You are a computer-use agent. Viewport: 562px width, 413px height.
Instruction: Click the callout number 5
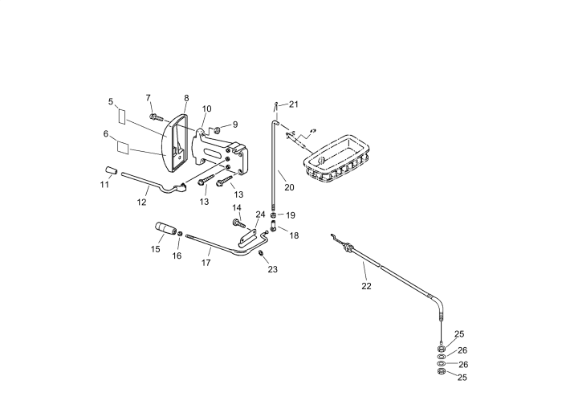(x=111, y=102)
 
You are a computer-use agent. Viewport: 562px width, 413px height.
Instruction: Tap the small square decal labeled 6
(x=123, y=147)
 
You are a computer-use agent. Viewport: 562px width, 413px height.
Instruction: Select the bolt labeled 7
(x=156, y=118)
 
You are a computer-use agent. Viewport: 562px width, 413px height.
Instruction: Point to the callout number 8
(x=186, y=98)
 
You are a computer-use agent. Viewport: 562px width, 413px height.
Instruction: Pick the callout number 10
(x=206, y=108)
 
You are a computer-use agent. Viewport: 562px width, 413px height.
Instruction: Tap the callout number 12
(x=141, y=202)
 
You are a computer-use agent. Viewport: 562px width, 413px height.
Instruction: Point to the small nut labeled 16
(x=181, y=234)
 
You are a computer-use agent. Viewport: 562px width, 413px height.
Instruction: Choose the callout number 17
(x=206, y=262)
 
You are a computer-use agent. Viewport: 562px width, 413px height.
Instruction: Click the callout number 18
(x=294, y=235)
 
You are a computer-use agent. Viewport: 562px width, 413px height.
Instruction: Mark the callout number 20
(x=289, y=187)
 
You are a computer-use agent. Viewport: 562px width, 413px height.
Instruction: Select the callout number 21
(x=294, y=104)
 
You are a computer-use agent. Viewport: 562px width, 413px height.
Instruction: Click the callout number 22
(x=366, y=285)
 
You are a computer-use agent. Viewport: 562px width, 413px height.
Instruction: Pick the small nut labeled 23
(x=262, y=254)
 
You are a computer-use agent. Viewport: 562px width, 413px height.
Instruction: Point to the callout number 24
(x=260, y=215)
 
